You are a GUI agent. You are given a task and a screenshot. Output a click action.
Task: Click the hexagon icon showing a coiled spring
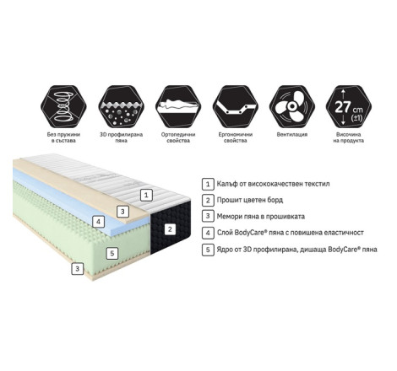63,107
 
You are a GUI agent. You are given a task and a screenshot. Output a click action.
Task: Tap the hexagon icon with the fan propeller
292,107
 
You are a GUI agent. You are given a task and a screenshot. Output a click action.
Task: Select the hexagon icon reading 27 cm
349,107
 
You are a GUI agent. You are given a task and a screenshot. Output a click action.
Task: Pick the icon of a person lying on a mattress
178,107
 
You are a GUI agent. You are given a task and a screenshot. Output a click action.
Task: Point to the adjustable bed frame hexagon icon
236,107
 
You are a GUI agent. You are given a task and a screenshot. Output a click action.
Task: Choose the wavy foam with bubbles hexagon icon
121,107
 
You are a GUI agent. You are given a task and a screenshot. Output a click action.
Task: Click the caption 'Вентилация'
292,135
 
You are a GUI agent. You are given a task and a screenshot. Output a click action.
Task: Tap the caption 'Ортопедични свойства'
178,137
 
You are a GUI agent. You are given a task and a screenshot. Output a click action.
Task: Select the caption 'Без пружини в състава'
63,137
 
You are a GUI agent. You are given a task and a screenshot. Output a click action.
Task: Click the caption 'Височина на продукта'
349,137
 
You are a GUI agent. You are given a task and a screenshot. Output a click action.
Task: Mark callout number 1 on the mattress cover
146,195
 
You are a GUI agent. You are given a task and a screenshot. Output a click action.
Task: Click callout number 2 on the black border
170,229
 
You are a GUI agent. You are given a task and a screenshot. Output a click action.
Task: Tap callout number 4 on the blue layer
98,222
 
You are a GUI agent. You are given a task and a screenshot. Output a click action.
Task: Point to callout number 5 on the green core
112,254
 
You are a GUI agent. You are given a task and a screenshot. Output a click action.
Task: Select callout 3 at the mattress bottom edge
78,269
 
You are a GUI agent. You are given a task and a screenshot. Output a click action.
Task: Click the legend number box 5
208,250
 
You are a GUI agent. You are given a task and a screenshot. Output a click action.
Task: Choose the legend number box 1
208,184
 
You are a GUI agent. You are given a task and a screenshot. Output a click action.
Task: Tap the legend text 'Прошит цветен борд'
250,200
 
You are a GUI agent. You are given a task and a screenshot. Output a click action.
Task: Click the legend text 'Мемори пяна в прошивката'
261,217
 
